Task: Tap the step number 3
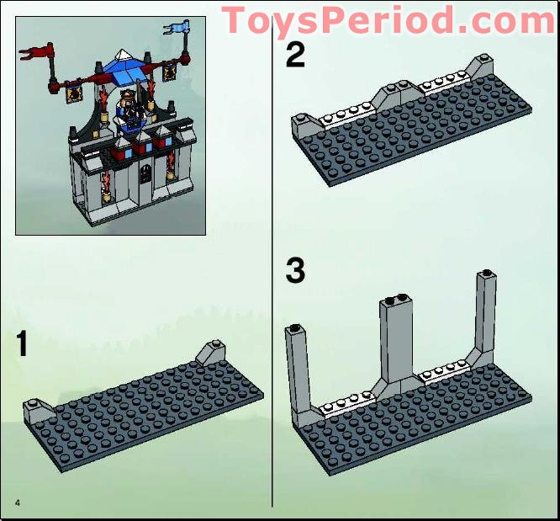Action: coord(295,271)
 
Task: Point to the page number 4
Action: coord(16,502)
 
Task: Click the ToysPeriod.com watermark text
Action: coord(388,19)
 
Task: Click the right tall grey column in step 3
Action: coord(484,311)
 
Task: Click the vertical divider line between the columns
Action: coord(272,253)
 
